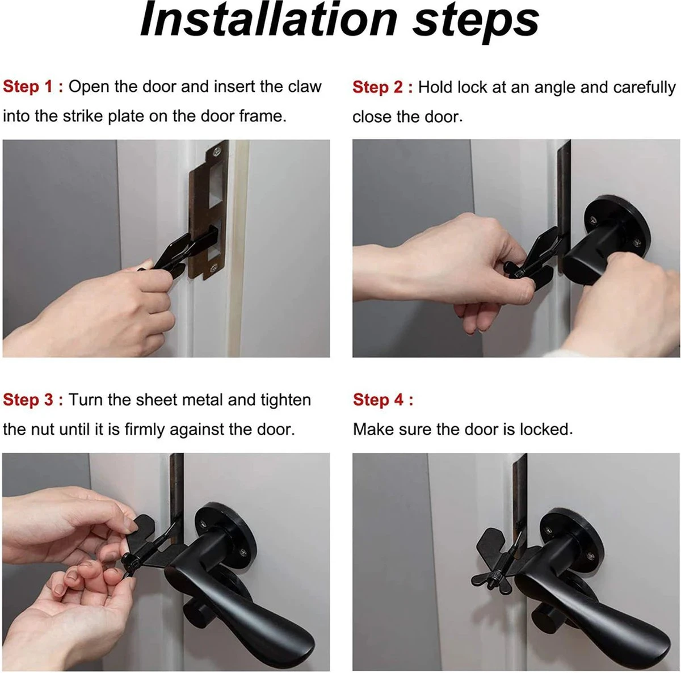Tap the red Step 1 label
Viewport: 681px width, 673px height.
33,87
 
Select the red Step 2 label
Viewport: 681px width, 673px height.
382,87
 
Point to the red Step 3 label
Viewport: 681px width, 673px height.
33,399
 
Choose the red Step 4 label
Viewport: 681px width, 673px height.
382,399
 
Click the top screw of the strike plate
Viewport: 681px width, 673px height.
216,152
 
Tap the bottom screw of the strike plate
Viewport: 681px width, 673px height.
213,268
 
